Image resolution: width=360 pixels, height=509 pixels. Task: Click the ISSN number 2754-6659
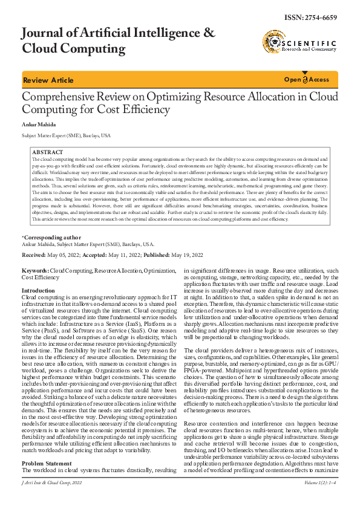316,18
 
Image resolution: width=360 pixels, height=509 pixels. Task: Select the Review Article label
48,80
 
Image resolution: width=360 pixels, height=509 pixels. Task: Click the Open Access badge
307,80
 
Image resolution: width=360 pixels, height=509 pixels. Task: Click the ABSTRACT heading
47,152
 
